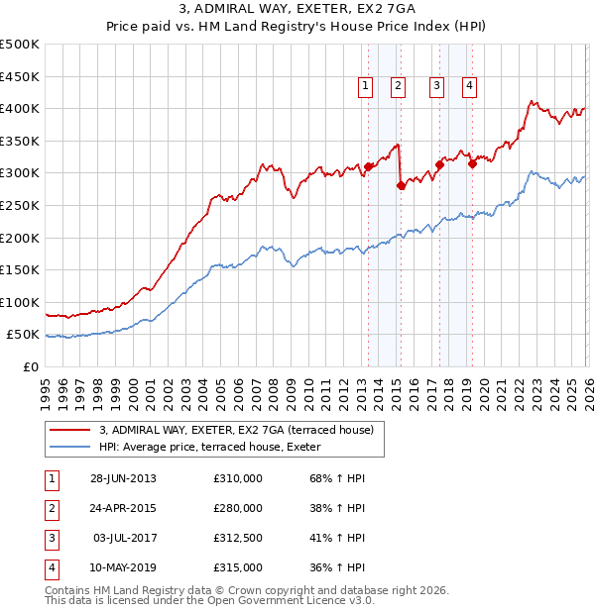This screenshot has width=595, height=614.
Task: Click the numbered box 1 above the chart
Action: pyautogui.click(x=365, y=87)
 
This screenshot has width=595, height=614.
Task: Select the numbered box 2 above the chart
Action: pyautogui.click(x=397, y=87)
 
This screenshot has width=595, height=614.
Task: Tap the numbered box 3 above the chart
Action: pyautogui.click(x=436, y=87)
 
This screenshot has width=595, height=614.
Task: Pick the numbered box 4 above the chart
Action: pyautogui.click(x=468, y=87)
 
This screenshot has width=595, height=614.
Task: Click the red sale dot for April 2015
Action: pyautogui.click(x=401, y=185)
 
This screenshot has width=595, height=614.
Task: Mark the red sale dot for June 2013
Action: pyautogui.click(x=368, y=166)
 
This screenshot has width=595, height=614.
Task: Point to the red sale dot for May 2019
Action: pyautogui.click(x=472, y=164)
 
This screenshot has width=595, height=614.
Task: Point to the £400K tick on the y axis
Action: pyautogui.click(x=20, y=109)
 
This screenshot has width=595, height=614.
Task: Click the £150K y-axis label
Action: pyautogui.click(x=20, y=269)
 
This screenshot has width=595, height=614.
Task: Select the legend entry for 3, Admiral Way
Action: pyautogui.click(x=235, y=430)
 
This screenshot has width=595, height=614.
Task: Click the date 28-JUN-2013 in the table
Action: pyautogui.click(x=123, y=478)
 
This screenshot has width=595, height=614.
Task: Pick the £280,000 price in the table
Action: pyautogui.click(x=238, y=508)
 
